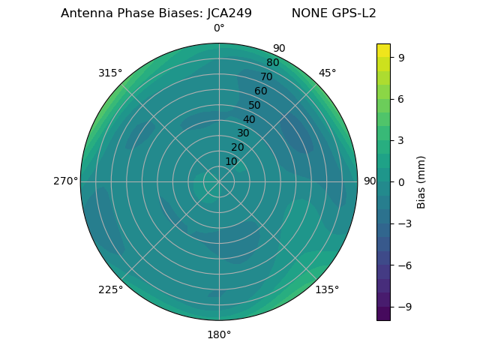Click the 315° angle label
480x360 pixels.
coord(110,73)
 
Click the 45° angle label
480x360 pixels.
coord(327,73)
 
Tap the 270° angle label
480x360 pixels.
coord(66,181)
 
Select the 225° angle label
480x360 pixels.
coord(110,289)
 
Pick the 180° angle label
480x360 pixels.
coord(219,334)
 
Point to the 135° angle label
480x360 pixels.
coord(327,289)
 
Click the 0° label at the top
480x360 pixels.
coord(219,28)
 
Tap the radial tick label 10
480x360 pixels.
coord(231,161)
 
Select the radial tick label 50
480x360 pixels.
coord(255,105)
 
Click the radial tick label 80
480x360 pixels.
coord(273,62)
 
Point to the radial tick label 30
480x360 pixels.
coord(243,133)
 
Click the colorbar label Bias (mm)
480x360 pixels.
coord(421,181)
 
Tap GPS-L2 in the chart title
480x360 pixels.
coord(352,13)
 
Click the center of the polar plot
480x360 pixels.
coord(219,181)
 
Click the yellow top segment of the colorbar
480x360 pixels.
coord(383,49)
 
